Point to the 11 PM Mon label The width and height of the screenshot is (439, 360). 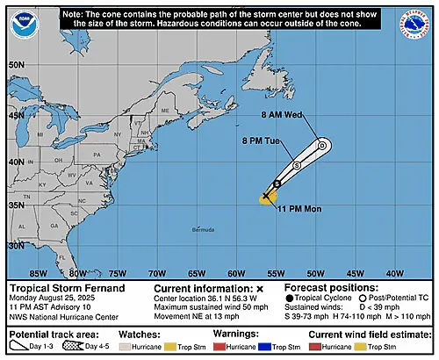tap(298, 208)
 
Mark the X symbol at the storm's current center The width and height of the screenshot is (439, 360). tap(267, 197)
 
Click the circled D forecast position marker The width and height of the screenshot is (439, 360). tap(322, 146)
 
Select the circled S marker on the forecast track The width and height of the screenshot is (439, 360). tap(297, 165)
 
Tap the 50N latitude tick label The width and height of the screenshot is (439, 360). tap(17, 65)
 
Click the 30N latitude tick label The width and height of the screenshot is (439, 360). tap(17, 246)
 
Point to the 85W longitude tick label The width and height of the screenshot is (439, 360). tap(38, 271)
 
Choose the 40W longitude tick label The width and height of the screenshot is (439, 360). tap(394, 271)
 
